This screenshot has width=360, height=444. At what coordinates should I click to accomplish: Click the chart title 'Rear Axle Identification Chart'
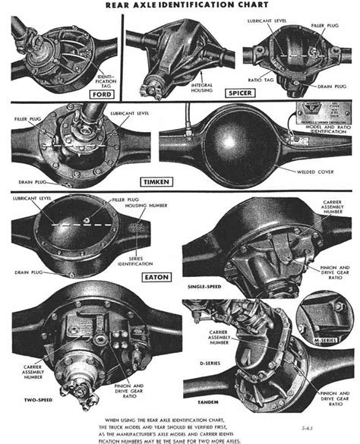179,6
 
